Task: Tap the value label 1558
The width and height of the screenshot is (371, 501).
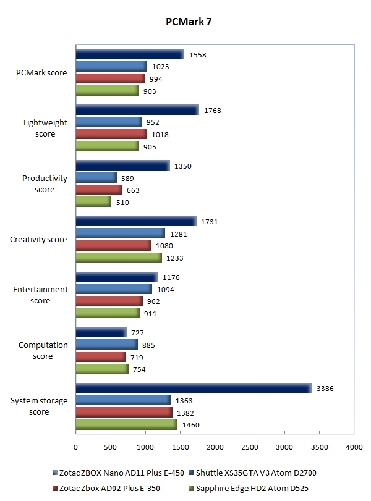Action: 198,54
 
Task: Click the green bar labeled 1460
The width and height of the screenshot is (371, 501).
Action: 126,424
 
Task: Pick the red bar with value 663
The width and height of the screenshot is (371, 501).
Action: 99,190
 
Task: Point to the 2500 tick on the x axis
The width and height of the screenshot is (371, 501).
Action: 249,447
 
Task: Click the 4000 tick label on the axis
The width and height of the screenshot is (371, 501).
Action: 353,447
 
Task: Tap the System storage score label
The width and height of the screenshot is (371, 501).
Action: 39,406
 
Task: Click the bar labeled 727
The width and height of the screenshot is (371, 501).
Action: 101,332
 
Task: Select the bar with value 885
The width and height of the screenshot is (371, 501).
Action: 106,344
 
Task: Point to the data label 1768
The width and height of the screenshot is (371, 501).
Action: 213,111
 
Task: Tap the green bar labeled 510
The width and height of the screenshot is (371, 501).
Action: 93,202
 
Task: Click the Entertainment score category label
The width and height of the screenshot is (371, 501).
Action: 40,295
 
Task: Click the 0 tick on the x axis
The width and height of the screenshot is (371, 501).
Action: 75,447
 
